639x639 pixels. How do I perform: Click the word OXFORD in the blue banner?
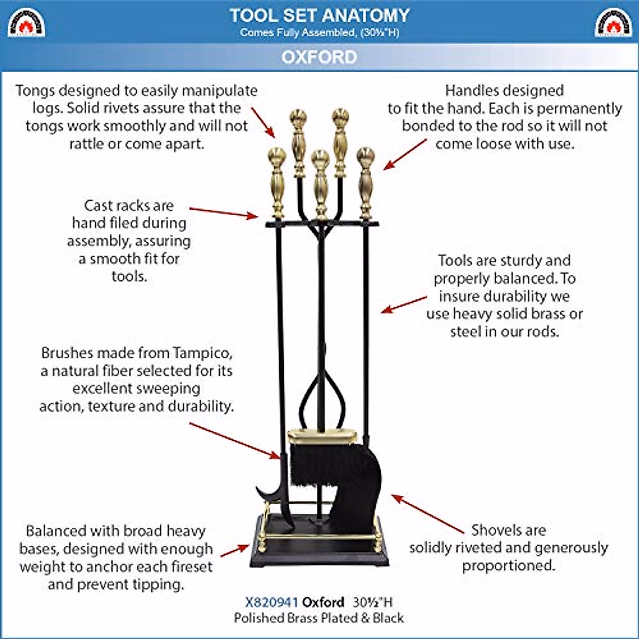point(319,57)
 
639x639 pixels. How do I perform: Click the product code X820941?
point(271,602)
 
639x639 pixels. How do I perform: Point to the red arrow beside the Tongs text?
point(263,122)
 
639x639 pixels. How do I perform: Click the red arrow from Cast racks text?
point(224,213)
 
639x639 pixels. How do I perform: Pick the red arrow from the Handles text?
point(405,154)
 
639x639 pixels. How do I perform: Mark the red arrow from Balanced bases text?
point(235,551)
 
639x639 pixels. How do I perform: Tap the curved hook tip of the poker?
point(257,487)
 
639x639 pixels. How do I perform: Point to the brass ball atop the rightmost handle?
point(366,155)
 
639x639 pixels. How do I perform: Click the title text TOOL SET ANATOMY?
point(319,15)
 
